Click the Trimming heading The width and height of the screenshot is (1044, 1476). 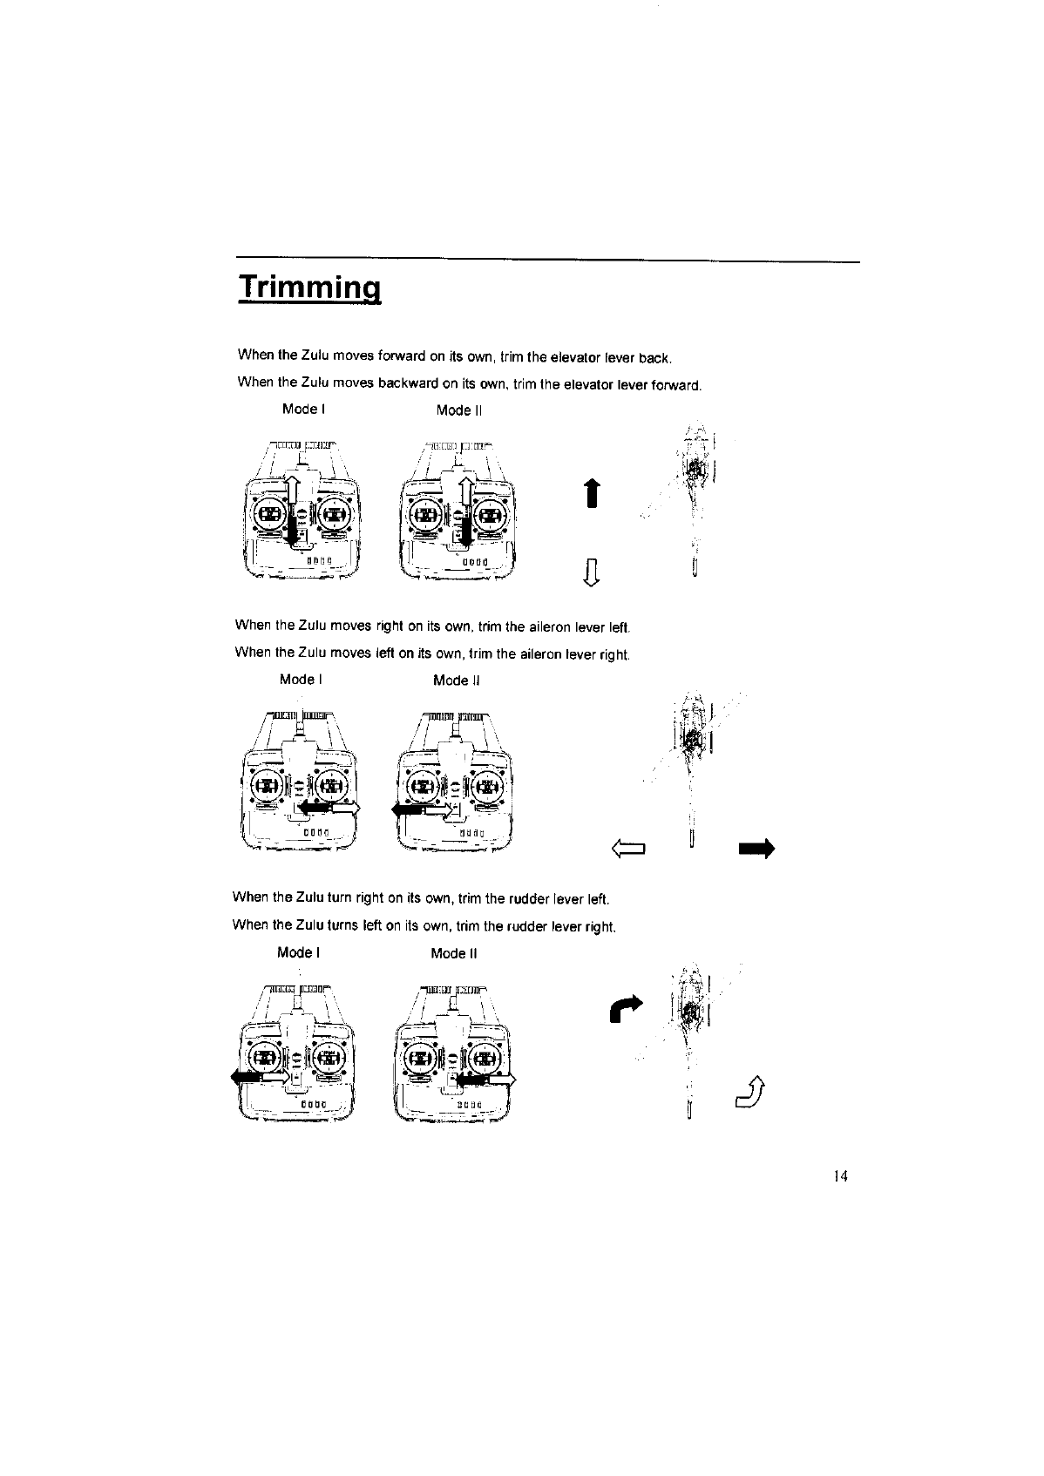(x=310, y=287)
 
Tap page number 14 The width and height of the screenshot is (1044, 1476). (x=840, y=1176)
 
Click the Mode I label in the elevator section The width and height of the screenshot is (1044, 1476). (x=303, y=409)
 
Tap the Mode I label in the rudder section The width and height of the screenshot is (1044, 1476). (x=298, y=952)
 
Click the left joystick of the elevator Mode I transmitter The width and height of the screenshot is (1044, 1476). (x=270, y=514)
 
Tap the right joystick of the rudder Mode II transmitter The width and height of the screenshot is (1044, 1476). (x=482, y=1060)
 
